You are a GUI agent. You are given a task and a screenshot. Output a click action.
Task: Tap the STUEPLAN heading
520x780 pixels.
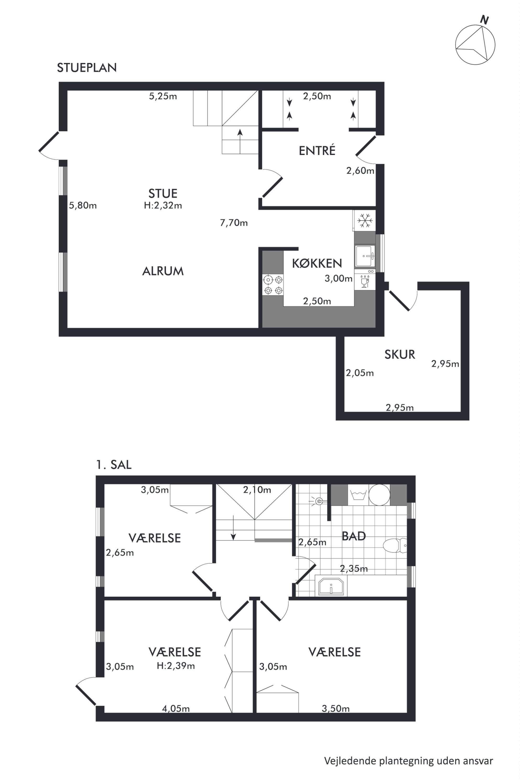(87, 68)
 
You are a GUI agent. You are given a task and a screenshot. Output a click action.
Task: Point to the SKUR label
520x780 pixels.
(400, 355)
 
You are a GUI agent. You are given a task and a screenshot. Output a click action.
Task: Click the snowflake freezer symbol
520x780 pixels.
(365, 220)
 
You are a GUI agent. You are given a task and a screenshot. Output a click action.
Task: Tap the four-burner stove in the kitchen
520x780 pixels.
(273, 285)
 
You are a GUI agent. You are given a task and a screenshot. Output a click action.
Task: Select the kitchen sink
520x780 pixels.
(365, 256)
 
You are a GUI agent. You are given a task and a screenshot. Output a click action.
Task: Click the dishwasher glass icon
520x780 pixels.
(365, 281)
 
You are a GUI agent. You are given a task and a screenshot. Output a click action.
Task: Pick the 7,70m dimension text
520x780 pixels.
(234, 223)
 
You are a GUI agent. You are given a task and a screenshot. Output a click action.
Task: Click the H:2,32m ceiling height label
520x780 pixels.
(163, 205)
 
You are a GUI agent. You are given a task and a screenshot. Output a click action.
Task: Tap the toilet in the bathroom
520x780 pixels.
(395, 545)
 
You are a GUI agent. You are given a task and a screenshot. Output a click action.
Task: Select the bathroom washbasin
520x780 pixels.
(331, 586)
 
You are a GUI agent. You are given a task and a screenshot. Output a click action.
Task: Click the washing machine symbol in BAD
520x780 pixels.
(358, 495)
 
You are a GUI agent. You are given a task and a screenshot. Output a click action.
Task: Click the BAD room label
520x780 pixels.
(354, 536)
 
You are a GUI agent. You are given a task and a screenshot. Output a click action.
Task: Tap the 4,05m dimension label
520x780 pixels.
(176, 708)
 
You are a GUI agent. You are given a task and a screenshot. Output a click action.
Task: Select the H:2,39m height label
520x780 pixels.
(176, 665)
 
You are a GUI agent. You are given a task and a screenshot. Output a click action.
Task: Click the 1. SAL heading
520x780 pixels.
(114, 465)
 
